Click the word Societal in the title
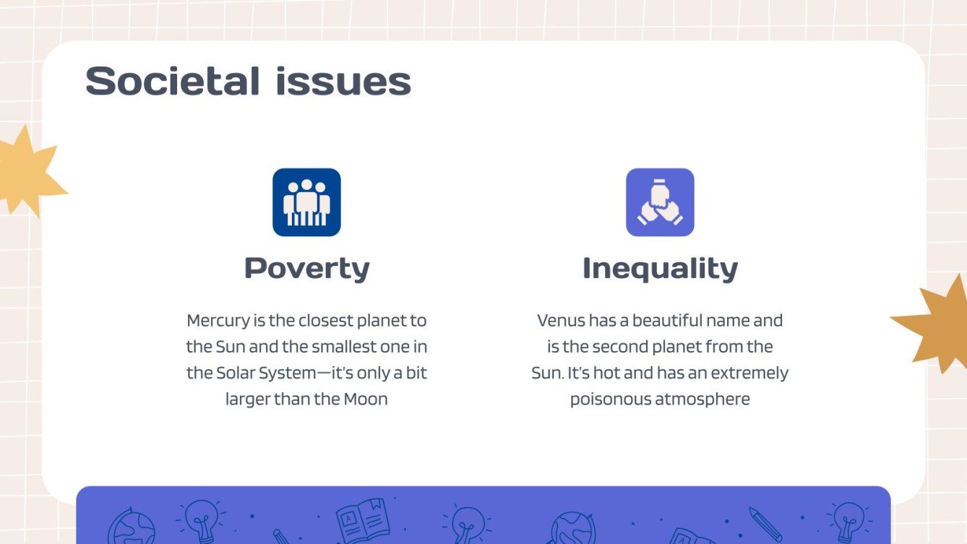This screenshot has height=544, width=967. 173,81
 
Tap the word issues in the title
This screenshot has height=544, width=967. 343,81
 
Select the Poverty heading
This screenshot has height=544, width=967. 306,268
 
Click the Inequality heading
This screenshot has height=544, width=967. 660,268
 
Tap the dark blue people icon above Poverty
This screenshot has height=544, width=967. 306,202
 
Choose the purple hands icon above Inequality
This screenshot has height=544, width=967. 660,202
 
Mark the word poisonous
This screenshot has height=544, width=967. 611,399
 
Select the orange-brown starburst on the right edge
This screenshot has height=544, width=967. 937,325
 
